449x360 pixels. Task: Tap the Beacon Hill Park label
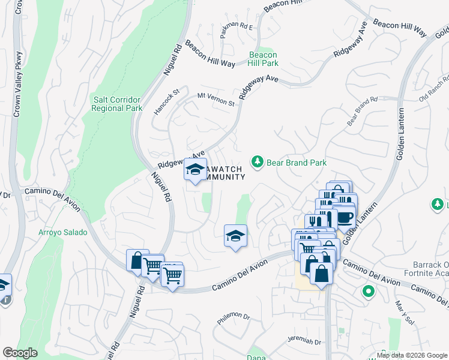pyautogui.click(x=264, y=59)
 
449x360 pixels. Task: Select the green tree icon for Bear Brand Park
pyautogui.click(x=258, y=162)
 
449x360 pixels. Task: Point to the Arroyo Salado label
pyautogui.click(x=63, y=232)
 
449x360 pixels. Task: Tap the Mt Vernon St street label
pyautogui.click(x=216, y=99)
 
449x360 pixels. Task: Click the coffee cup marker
pyautogui.click(x=345, y=217)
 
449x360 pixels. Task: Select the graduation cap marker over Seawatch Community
pyautogui.click(x=195, y=170)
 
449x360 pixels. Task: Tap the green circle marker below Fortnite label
pyautogui.click(x=369, y=292)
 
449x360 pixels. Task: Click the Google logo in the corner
pyautogui.click(x=20, y=353)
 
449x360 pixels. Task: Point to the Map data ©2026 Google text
pyautogui.click(x=412, y=355)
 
